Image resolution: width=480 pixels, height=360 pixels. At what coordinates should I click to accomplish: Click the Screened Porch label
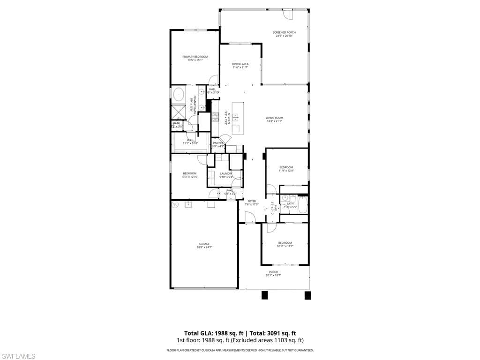point(284,34)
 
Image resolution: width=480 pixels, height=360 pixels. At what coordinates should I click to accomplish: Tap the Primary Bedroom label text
point(195,58)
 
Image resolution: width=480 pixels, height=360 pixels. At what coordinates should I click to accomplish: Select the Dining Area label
point(240,65)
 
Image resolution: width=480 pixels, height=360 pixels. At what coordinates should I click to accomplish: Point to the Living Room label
point(274,119)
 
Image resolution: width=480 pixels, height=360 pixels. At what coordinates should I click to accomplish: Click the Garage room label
point(204,245)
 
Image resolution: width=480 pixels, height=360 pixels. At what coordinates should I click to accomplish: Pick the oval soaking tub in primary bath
point(179,95)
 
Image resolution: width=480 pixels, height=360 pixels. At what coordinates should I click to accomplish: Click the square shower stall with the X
point(179,112)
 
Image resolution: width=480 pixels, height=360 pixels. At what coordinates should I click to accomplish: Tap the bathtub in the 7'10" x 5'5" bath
point(302,204)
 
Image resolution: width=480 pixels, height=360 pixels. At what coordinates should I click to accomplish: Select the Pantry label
point(218,144)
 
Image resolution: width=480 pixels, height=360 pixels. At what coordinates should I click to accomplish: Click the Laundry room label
point(226,175)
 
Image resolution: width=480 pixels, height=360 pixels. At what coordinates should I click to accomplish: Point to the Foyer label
point(252,202)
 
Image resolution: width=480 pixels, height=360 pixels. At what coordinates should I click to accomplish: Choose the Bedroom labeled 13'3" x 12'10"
point(189,174)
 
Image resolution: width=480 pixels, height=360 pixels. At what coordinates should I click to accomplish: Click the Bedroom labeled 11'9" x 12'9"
point(286,168)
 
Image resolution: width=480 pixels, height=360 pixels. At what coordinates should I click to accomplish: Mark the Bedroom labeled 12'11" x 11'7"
point(285,244)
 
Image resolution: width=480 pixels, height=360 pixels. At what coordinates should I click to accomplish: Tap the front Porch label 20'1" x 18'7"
point(273,273)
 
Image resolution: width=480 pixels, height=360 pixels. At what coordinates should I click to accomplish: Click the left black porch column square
point(264,295)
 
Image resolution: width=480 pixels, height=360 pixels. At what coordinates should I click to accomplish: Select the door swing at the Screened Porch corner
point(290,15)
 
